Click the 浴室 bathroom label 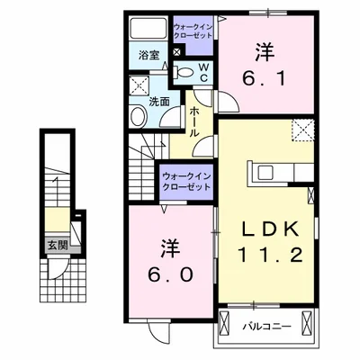tap(148, 56)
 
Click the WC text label tap(203, 71)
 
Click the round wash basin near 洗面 tap(140, 115)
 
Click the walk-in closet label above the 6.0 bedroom tap(185, 179)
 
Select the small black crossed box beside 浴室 tap(176, 51)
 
